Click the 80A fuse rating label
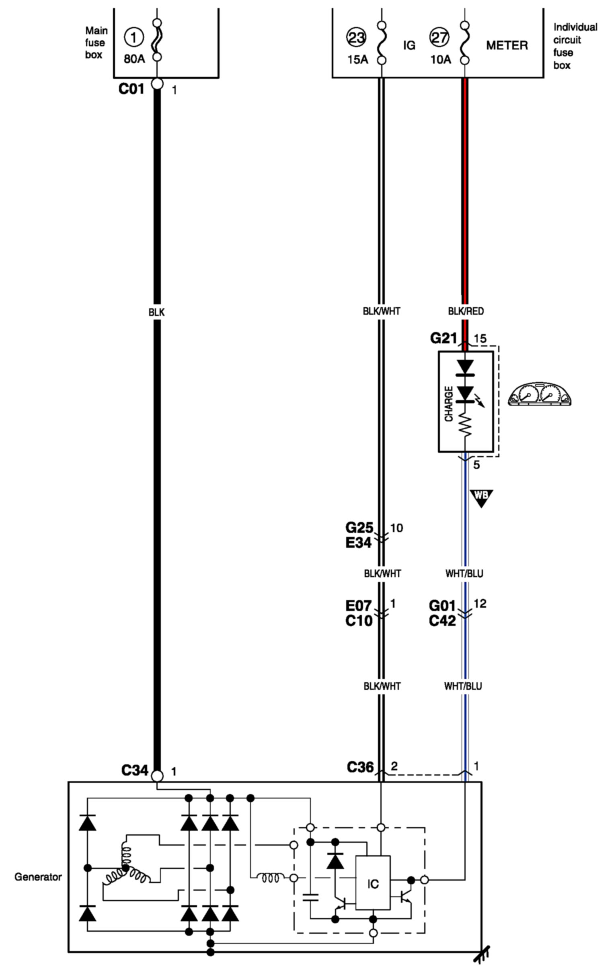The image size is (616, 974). [x=134, y=59]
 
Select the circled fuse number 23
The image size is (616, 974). [x=357, y=37]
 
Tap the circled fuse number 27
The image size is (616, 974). [x=439, y=37]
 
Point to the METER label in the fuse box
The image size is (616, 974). [x=507, y=45]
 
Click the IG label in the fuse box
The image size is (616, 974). [x=409, y=45]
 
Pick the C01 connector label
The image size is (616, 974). [x=131, y=89]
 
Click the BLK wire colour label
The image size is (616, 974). [x=156, y=312]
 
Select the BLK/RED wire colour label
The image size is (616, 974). [x=466, y=311]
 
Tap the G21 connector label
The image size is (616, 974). [x=443, y=338]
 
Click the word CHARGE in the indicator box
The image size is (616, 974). [x=449, y=404]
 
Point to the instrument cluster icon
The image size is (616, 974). [x=539, y=394]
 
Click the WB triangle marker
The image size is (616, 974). [x=481, y=497]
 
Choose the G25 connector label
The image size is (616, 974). [x=359, y=527]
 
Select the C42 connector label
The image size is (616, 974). [x=442, y=621]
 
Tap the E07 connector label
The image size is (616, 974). [x=359, y=605]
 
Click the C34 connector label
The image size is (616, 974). [x=135, y=770]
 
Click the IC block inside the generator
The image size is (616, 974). [x=373, y=884]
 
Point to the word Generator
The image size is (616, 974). [x=38, y=877]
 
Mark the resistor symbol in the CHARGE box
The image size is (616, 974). [x=466, y=426]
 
